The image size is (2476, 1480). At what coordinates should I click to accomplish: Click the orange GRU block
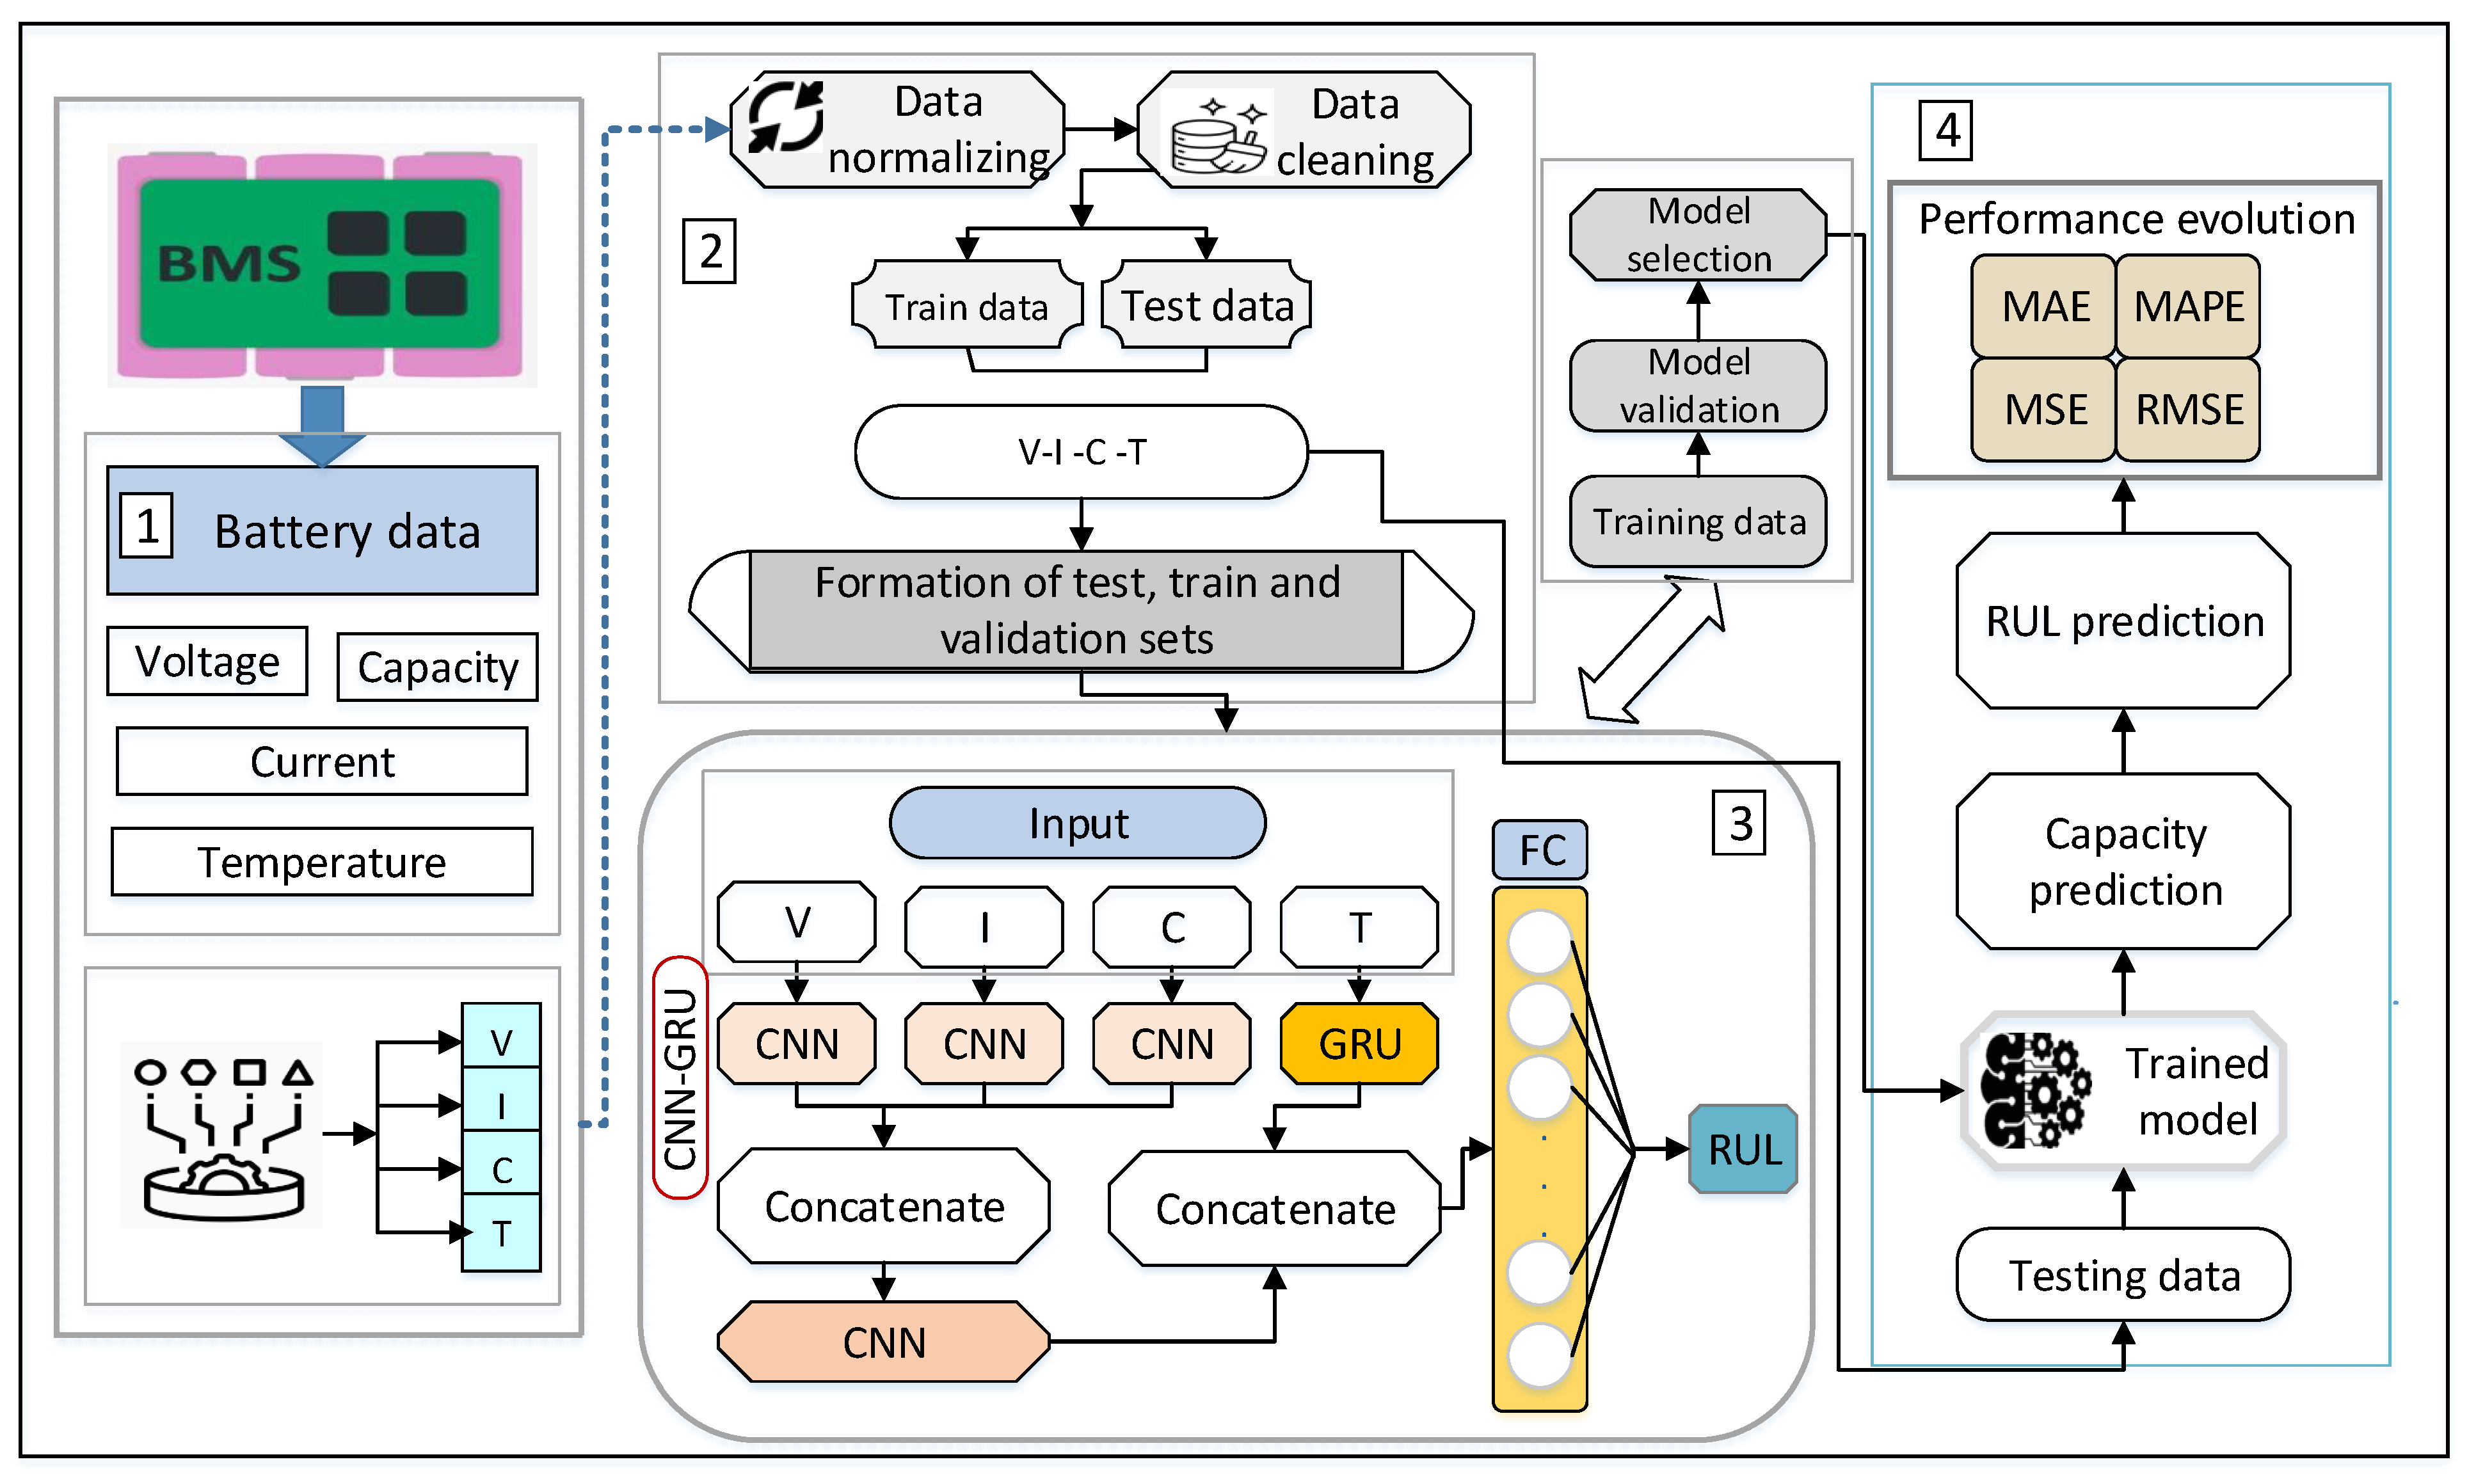point(1359,1043)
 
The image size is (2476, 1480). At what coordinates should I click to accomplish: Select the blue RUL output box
point(1743,1149)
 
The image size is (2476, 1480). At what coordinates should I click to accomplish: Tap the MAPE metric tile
point(2188,306)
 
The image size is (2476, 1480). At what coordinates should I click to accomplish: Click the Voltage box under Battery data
point(207,661)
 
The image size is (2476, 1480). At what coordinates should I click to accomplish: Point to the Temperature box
point(321,862)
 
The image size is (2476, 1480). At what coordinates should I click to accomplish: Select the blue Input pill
point(1078,824)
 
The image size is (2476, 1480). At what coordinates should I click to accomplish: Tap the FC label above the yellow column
point(1540,850)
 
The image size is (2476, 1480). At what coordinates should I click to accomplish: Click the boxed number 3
point(1739,824)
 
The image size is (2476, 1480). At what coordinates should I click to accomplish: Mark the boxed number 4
point(1945,131)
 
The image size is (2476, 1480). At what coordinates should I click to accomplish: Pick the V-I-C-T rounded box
point(1081,452)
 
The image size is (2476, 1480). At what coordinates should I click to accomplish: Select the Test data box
point(1206,305)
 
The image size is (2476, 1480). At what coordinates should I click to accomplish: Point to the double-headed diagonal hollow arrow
point(1652,649)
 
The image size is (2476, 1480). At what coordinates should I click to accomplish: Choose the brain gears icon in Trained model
point(2034,1090)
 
